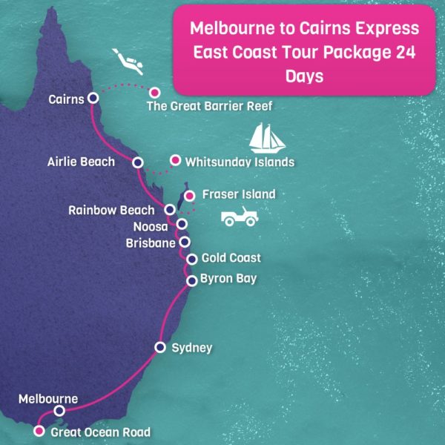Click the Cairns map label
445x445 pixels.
(65, 98)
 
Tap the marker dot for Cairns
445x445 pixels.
(93, 98)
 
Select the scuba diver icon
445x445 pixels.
(127, 60)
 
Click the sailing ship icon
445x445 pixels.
(268, 137)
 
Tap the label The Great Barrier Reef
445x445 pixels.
(210, 106)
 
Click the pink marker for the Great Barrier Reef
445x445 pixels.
(155, 93)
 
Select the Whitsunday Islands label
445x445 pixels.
(240, 162)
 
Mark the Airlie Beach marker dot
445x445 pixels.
(137, 162)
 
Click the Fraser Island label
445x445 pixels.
(239, 194)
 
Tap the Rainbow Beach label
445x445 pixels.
(111, 210)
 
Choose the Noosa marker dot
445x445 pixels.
(181, 224)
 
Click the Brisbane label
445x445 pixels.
(151, 243)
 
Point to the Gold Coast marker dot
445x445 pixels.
(192, 259)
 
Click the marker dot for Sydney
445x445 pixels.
(159, 347)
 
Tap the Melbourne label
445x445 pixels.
(48, 399)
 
